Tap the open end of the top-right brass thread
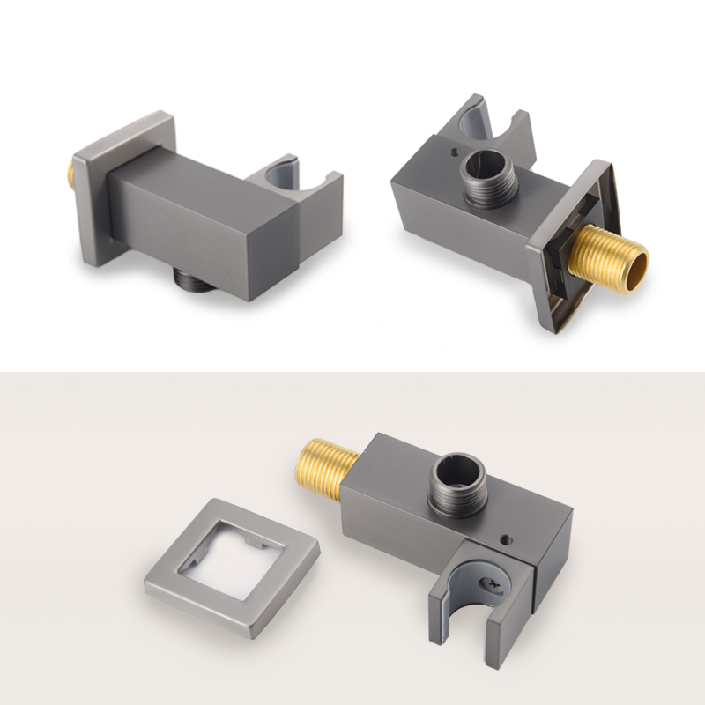(630, 264)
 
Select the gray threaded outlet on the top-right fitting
(482, 167)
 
